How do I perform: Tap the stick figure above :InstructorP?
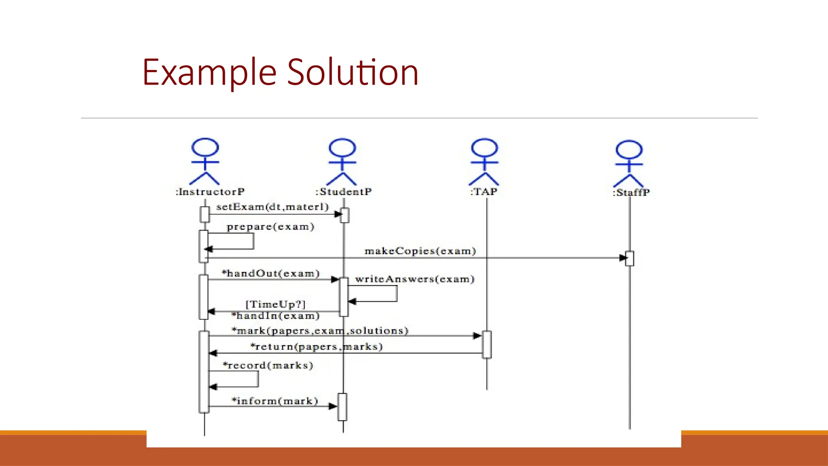coord(205,162)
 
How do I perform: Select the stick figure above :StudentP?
coord(342,162)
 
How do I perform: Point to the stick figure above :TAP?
coord(484,162)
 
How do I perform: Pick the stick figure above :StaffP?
coord(629,163)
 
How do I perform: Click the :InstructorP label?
coord(210,192)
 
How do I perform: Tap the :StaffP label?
coord(631,193)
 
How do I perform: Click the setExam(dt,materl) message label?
coord(272,207)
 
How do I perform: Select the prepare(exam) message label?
coord(270,227)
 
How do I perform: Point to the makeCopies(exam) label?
coord(420,251)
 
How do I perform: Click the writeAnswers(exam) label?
coord(414,279)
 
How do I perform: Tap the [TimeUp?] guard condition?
coord(276,304)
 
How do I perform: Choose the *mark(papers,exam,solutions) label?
coord(320,331)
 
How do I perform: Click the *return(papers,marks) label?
coord(316,347)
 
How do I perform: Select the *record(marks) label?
coord(268,366)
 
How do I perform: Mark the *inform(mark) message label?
coord(275,401)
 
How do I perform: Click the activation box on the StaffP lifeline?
coord(629,258)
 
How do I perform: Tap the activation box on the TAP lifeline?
coord(487,345)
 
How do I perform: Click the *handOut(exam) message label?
coord(271,273)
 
